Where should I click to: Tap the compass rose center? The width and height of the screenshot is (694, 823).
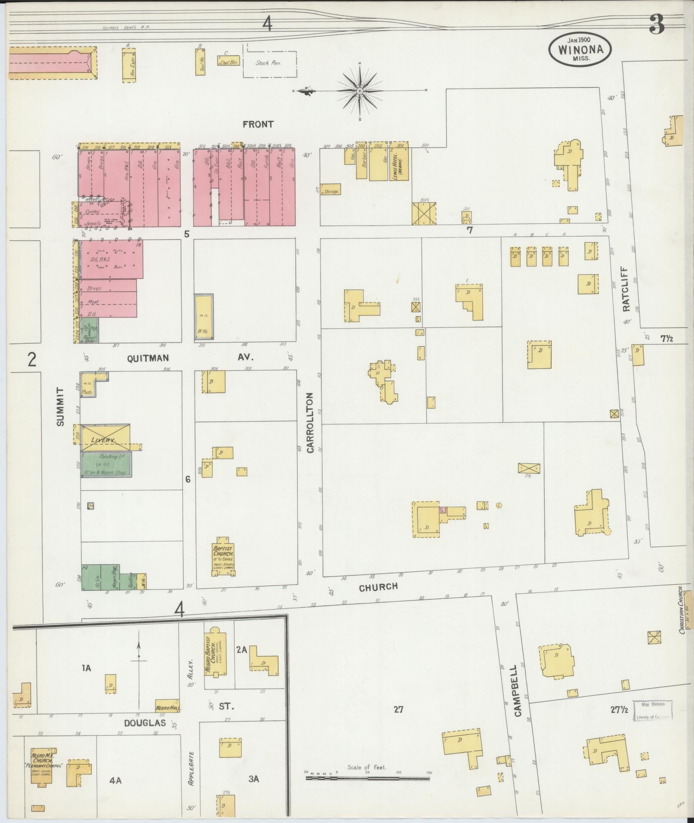pos(360,91)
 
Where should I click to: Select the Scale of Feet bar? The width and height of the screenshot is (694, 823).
pos(367,778)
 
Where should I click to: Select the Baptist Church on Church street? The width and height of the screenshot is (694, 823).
pos(222,558)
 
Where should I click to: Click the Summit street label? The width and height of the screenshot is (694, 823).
pos(60,407)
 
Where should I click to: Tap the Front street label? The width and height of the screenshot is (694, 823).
pos(258,124)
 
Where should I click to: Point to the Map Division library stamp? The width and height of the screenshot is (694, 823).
pos(653,711)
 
